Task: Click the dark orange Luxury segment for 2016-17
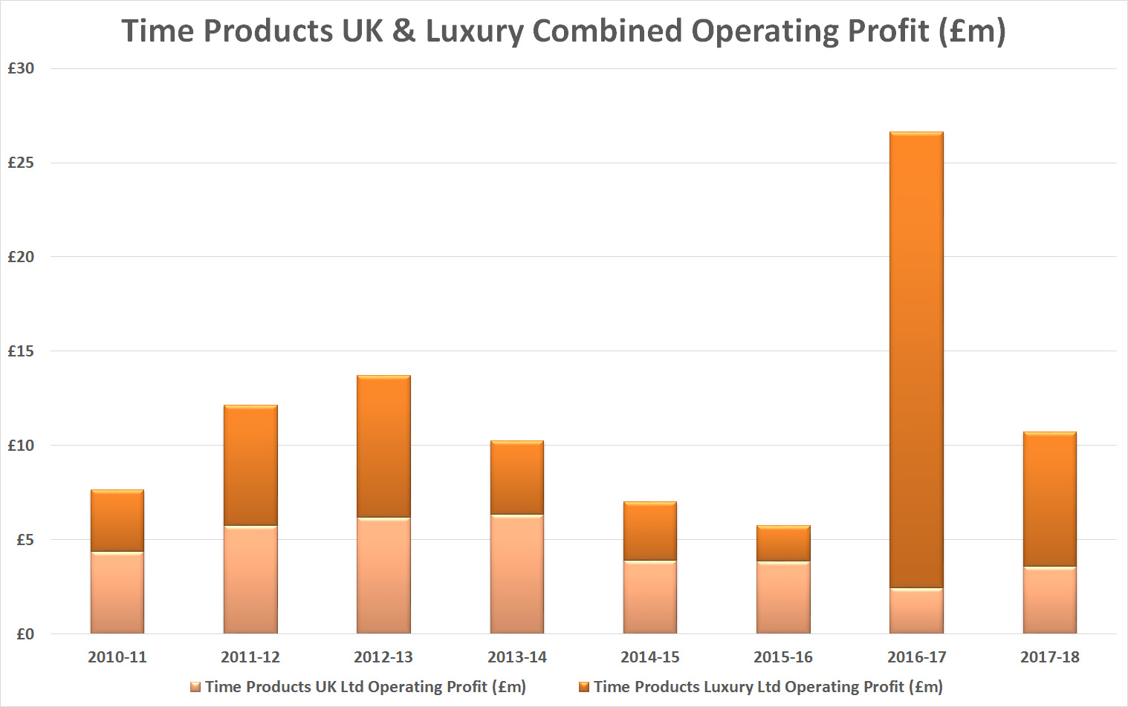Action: (916, 360)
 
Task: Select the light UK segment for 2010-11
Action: (117, 593)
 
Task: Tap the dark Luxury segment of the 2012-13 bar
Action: (383, 446)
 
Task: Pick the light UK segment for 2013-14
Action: (516, 573)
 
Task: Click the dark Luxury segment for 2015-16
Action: (783, 544)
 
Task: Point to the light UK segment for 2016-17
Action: (916, 610)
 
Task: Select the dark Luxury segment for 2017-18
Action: (1049, 499)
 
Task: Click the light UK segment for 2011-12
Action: (250, 579)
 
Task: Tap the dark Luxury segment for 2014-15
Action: (650, 531)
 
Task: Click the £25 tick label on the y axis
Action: (21, 163)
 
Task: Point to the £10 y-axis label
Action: (21, 446)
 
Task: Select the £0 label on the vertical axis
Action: (25, 634)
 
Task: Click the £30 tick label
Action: (21, 68)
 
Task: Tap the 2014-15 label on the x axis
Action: (650, 657)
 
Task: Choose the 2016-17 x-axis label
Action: (916, 657)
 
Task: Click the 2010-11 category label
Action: (117, 657)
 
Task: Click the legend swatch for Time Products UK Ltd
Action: (195, 688)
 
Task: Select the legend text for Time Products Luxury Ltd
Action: (768, 687)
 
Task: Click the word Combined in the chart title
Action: (607, 31)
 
